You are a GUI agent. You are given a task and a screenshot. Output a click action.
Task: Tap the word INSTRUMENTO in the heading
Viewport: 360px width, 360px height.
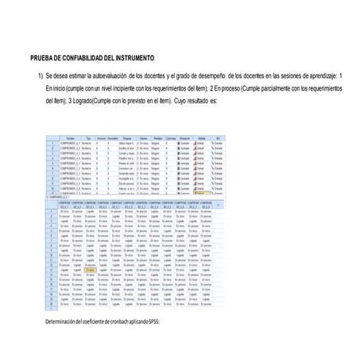pos(133,58)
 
